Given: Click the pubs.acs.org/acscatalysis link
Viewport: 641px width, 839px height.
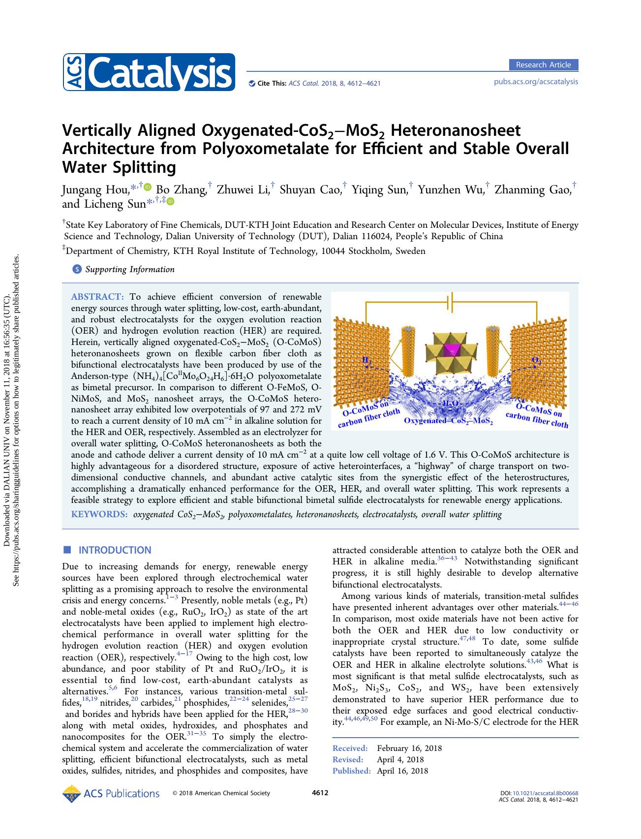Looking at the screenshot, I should point(536,82).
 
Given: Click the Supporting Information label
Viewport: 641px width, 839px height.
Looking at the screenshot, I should point(130,270).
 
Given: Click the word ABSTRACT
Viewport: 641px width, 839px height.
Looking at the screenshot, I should point(97,297).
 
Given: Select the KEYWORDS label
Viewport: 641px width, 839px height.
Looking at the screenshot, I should point(99,515).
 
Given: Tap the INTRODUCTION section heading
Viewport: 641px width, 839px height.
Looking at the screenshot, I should point(115,550).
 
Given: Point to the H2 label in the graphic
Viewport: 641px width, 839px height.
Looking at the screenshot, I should point(366,360).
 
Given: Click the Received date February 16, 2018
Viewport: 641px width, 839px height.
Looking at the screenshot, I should point(409,748).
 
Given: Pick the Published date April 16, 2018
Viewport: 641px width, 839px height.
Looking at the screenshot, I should point(402,771).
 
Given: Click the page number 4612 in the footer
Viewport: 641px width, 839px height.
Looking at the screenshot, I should point(320,793).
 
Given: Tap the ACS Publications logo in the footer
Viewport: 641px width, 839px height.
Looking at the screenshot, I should point(111,793).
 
